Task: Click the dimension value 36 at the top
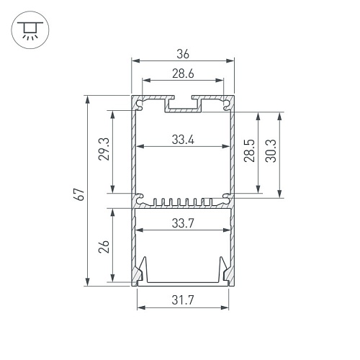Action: point(183,54)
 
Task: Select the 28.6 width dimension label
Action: point(183,73)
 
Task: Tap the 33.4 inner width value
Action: point(183,140)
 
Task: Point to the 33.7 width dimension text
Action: point(183,223)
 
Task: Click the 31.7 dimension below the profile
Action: point(183,300)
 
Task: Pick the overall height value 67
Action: point(79,194)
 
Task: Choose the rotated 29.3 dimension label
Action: point(104,149)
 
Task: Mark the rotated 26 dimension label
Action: point(104,247)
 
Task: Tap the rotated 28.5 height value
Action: point(249,150)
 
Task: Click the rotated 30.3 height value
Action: point(271,150)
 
